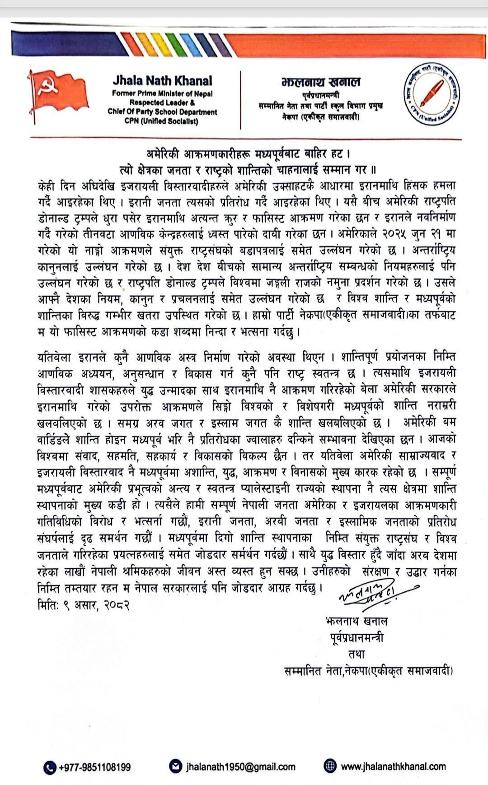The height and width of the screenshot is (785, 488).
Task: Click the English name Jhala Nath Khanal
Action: pos(162,81)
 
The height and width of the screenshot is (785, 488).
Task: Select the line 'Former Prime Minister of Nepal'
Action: pos(162,93)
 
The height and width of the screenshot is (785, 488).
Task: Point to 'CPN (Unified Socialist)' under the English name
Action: pos(162,121)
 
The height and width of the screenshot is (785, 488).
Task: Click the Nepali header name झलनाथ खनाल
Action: pos(321,82)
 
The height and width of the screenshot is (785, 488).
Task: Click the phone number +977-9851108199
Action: pos(95,767)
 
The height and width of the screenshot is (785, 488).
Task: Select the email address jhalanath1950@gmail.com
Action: pos(240,766)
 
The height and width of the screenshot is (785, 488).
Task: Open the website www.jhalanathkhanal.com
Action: pos(393,766)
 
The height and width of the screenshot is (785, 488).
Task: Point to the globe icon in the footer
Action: pos(330,766)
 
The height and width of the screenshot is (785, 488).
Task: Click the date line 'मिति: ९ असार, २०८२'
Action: pos(84,605)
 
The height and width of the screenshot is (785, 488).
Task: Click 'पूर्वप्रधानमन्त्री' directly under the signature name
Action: pos(357,638)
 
